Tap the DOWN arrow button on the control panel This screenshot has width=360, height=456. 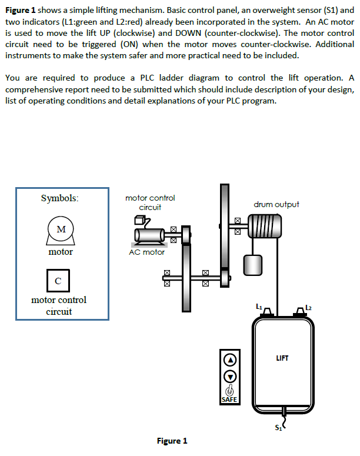pos(231,375)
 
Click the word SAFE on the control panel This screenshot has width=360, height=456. pos(230,400)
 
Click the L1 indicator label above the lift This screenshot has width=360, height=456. pos(259,305)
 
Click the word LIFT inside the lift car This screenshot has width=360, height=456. pos(282,357)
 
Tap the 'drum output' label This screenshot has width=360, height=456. pos(276,204)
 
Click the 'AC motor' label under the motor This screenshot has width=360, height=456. pos(146,252)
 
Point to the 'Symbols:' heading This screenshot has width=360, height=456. pos(59,198)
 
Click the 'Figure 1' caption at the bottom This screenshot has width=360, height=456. pos(172,441)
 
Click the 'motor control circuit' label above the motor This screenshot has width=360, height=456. pos(150,202)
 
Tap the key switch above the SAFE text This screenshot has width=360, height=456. pos(230,390)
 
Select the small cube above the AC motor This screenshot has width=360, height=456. pos(139,220)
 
